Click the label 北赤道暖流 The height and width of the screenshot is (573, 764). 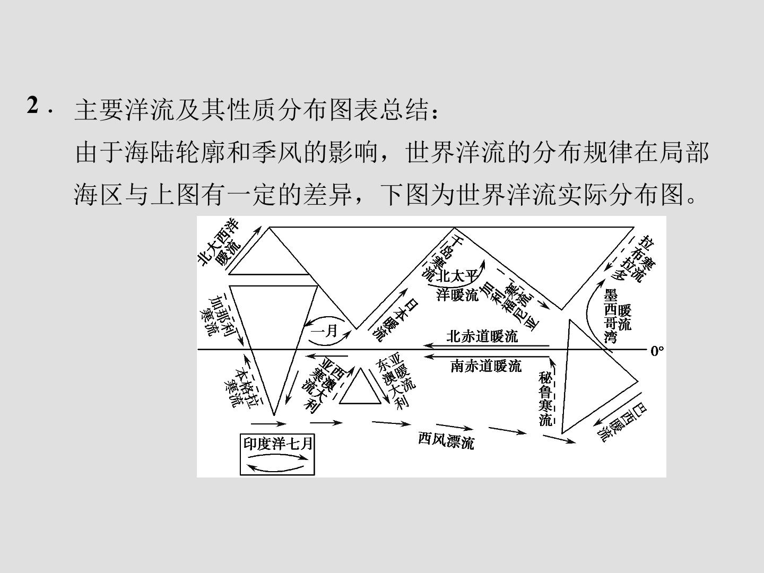[482, 336]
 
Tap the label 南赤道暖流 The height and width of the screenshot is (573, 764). [486, 366]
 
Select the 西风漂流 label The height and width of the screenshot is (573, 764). [446, 441]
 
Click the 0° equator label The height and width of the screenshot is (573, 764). [657, 351]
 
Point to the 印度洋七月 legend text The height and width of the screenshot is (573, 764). [278, 444]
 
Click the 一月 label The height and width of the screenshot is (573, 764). [324, 331]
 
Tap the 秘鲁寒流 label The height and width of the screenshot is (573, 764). [545, 398]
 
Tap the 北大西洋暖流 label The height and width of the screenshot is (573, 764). [219, 242]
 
